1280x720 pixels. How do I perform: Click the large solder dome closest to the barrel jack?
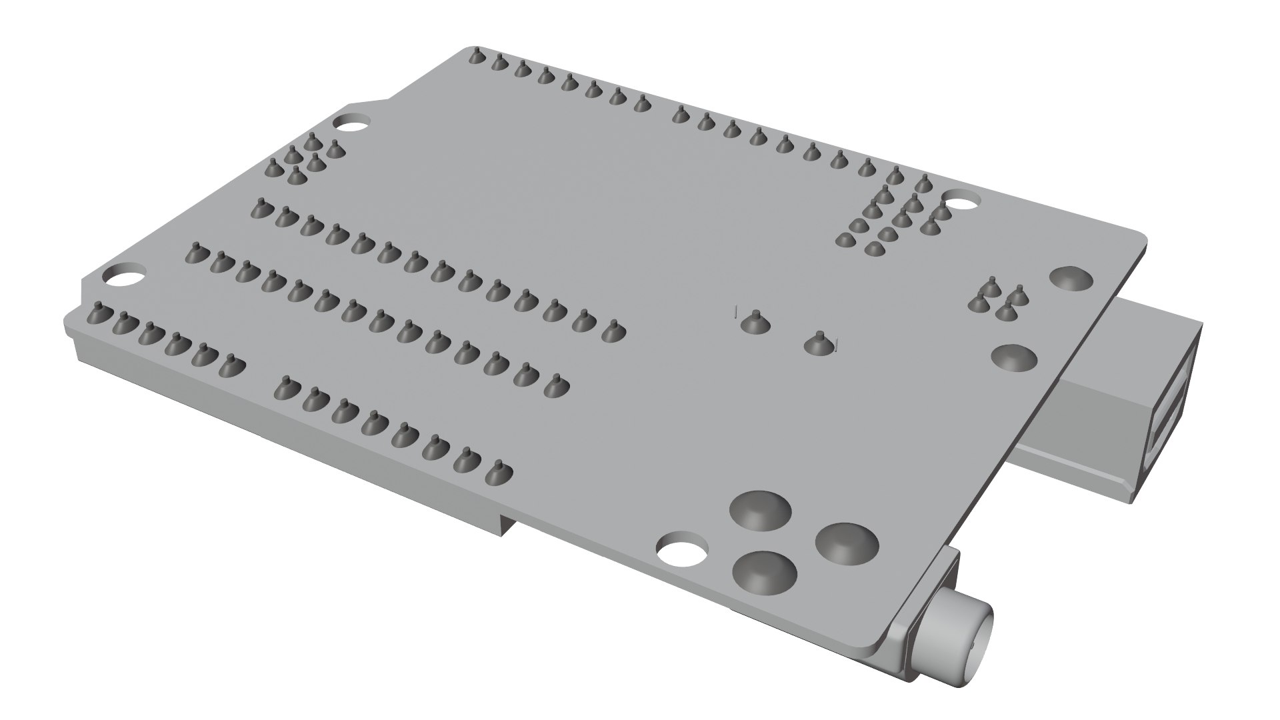coord(847,541)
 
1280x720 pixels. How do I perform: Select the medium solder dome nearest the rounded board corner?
coord(1071,278)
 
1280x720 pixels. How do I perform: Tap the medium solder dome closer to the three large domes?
coord(1013,357)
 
